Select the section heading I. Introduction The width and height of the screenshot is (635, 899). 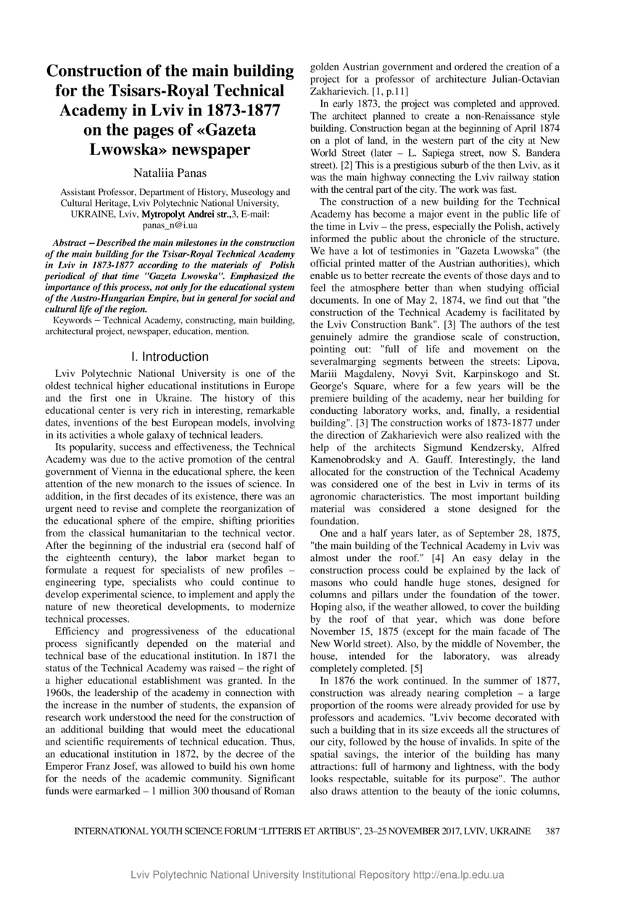point(170,357)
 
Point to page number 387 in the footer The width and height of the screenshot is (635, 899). point(552,831)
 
